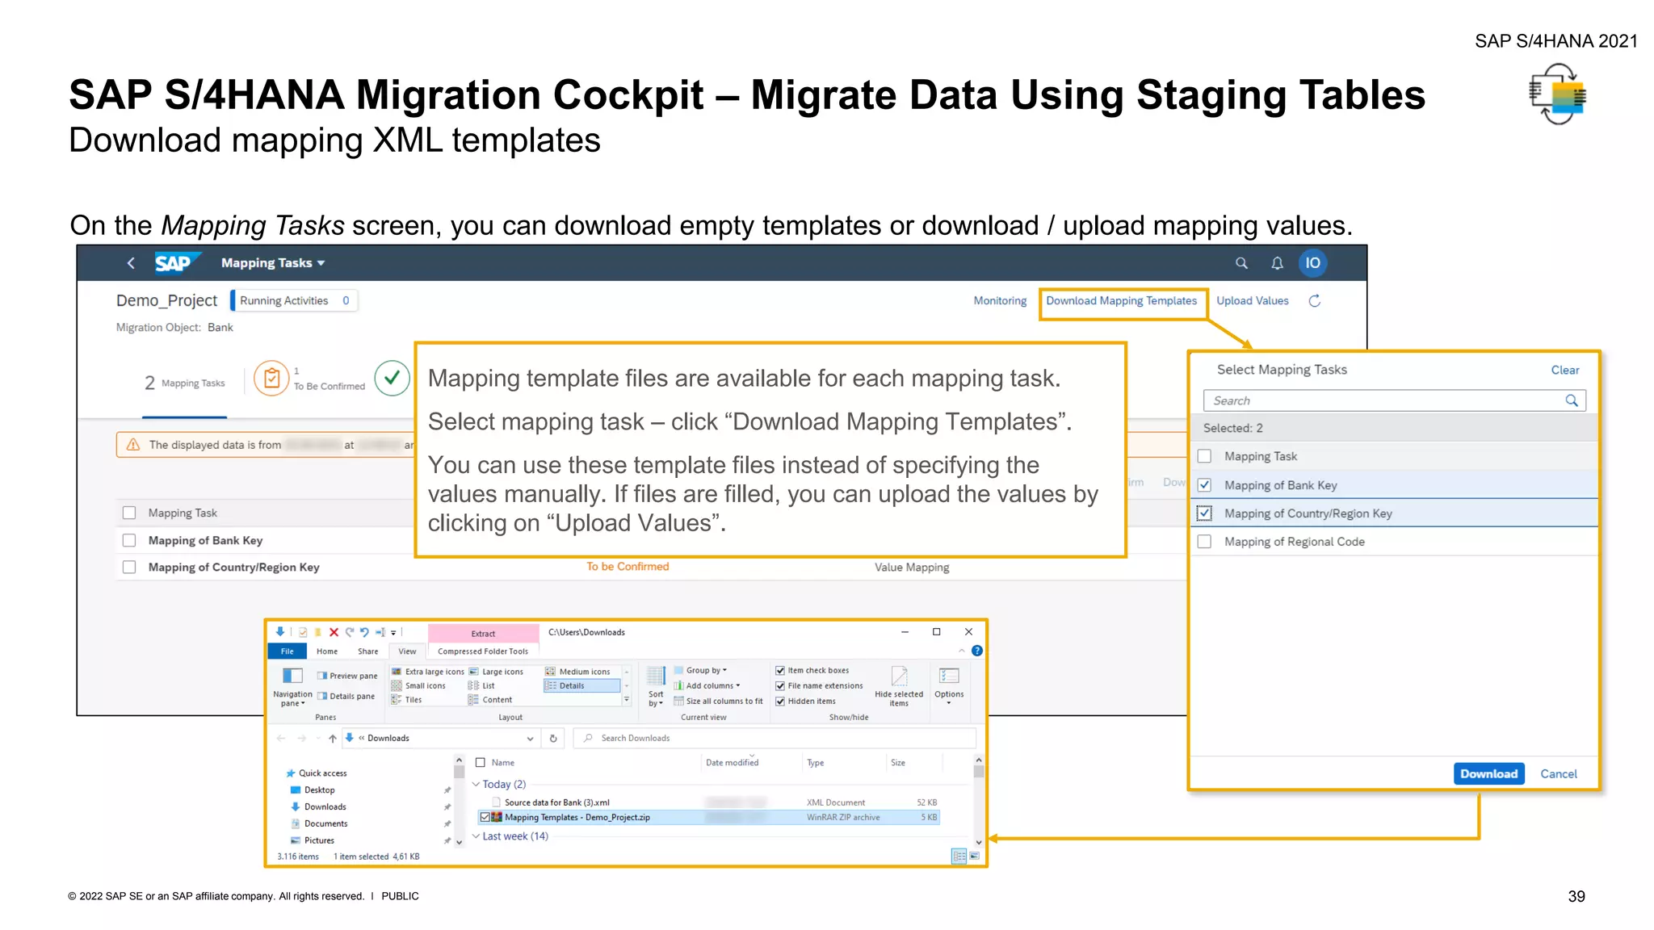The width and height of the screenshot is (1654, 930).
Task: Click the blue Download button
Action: [x=1488, y=773]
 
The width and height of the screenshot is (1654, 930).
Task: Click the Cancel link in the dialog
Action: [x=1558, y=773]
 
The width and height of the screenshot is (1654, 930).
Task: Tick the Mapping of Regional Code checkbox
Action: [x=1204, y=542]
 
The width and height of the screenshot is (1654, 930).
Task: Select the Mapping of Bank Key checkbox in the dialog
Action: [x=1204, y=485]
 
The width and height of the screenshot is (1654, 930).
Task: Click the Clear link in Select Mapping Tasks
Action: [x=1564, y=370]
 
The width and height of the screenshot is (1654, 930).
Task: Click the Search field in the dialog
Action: [x=1385, y=400]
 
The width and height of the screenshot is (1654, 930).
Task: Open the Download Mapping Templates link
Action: [x=1121, y=301]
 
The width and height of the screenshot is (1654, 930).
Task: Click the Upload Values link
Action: [x=1252, y=301]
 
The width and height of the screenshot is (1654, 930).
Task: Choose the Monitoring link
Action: [x=1000, y=301]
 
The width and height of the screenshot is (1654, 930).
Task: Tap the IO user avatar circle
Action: [x=1312, y=263]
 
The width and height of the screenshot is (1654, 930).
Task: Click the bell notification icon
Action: [x=1277, y=263]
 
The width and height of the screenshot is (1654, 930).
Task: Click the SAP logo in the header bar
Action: [x=173, y=263]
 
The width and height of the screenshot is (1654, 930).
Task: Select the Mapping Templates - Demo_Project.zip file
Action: [x=577, y=818]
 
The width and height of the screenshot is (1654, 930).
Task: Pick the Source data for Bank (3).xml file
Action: [x=556, y=802]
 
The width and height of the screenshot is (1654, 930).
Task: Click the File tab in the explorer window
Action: [x=287, y=651]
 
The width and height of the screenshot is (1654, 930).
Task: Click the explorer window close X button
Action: [x=968, y=632]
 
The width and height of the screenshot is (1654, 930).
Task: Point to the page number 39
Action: [x=1576, y=897]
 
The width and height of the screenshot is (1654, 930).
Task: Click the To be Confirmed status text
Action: [x=628, y=567]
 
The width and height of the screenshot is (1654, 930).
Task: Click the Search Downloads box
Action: [x=775, y=738]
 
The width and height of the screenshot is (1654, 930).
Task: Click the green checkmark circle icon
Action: [x=393, y=378]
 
